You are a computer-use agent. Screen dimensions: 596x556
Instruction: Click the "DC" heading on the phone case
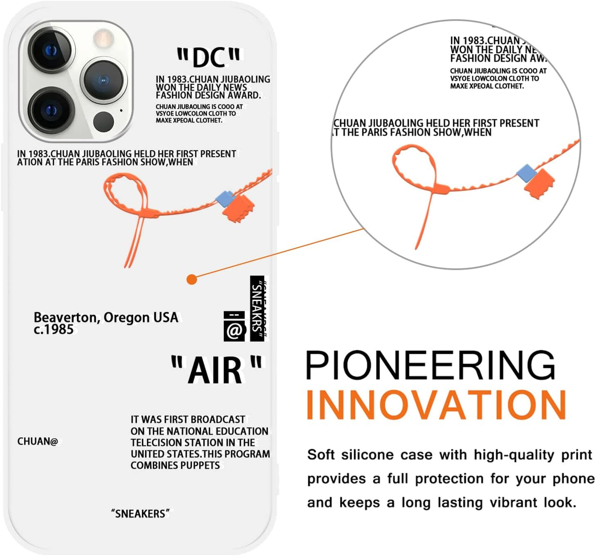(208, 57)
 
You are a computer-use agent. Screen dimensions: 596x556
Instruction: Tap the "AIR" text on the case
(216, 369)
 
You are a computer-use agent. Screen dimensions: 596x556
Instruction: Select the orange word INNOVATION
(436, 405)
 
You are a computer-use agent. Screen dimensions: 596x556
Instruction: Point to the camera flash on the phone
(103, 38)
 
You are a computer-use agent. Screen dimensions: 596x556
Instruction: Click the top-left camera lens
(51, 50)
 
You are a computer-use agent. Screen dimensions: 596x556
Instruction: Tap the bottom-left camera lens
(51, 110)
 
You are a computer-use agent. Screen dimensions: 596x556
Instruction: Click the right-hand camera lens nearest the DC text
(104, 80)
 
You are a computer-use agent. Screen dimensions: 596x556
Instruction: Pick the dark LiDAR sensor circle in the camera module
(104, 122)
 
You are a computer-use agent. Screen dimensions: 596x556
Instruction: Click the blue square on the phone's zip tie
(225, 198)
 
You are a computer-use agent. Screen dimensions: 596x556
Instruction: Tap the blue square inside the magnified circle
(526, 173)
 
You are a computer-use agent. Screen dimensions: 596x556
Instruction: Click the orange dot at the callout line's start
(192, 279)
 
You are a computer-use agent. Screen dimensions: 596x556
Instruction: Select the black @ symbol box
(235, 326)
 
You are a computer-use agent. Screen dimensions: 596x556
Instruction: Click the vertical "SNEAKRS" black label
(257, 309)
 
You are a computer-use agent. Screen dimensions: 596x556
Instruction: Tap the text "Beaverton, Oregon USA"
(106, 318)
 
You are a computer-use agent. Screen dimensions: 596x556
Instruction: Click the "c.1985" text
(54, 329)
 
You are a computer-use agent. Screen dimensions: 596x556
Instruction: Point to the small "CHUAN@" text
(38, 441)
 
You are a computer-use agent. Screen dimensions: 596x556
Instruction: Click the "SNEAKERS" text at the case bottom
(140, 514)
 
